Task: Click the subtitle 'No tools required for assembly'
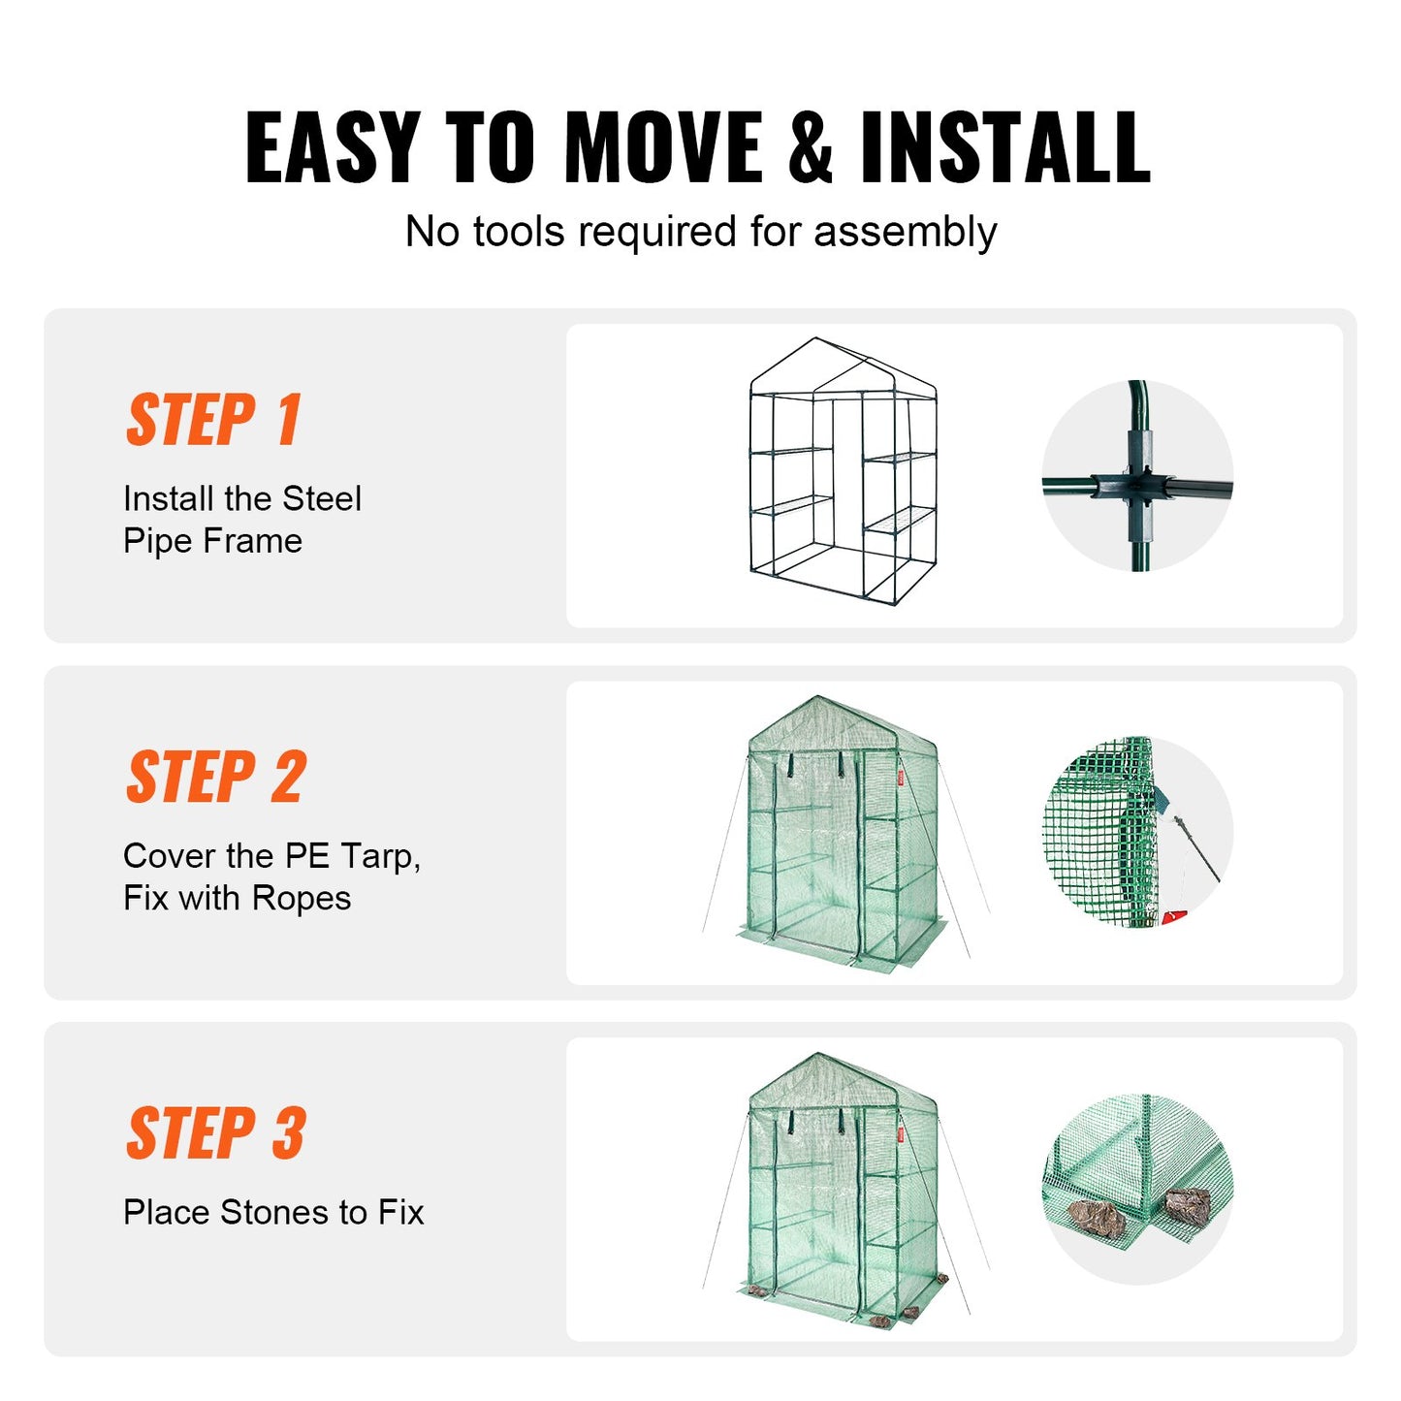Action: [x=700, y=232]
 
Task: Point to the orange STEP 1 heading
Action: [x=214, y=420]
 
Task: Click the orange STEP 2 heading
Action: [x=216, y=777]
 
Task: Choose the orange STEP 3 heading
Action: [x=216, y=1132]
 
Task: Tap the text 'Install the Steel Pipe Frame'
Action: [x=241, y=520]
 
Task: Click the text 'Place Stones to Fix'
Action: [x=273, y=1212]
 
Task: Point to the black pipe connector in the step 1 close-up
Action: [x=1138, y=483]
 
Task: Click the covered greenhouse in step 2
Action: [x=842, y=834]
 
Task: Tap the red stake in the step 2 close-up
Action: [x=1173, y=915]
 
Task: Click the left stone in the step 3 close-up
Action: [x=1097, y=1218]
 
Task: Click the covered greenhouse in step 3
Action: [x=842, y=1191]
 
